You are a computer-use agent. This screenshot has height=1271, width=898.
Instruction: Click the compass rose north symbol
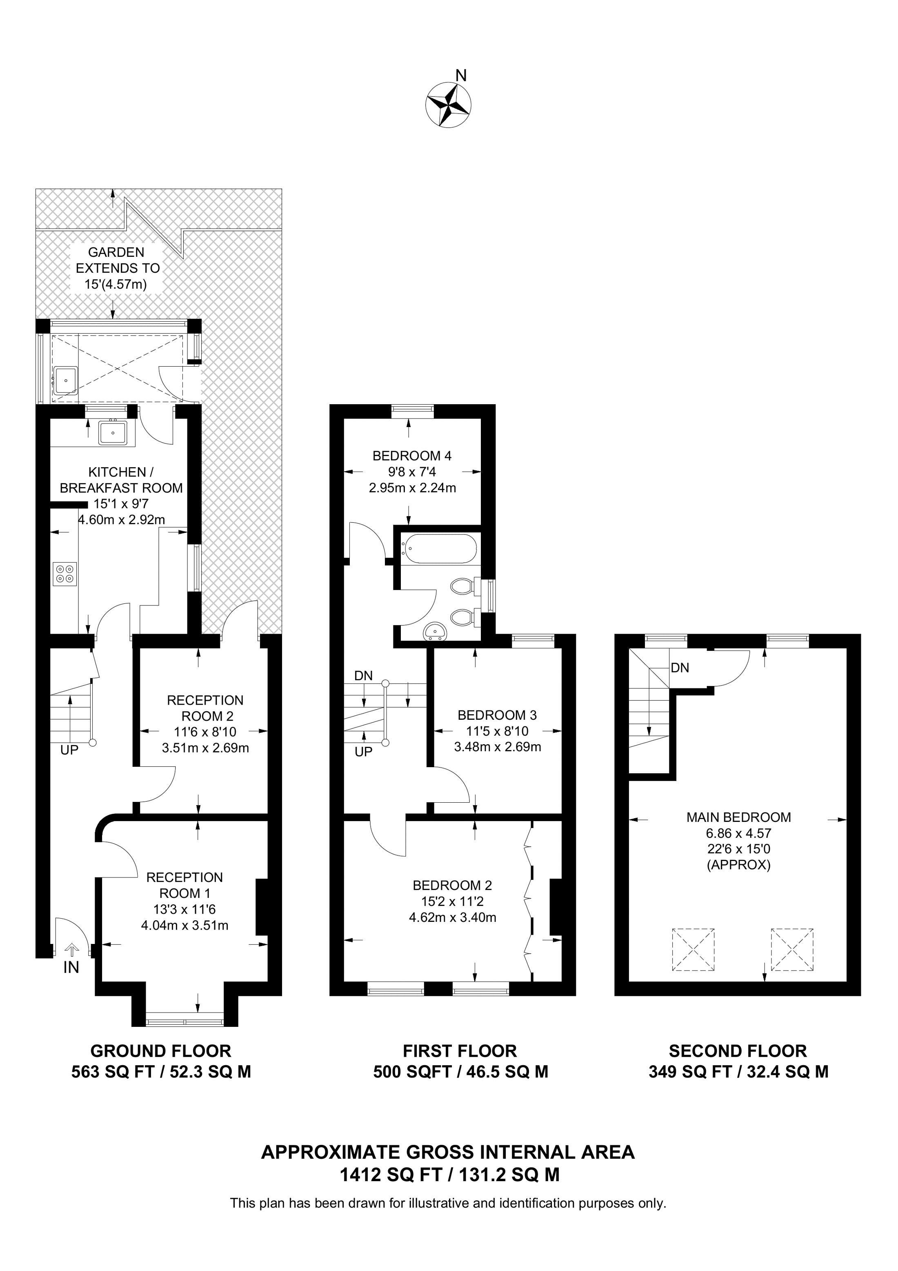(449, 104)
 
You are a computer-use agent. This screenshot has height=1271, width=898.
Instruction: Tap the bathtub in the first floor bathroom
(439, 549)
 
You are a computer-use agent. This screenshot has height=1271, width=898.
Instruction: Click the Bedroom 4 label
(412, 456)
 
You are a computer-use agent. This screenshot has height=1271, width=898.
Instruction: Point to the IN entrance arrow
(72, 950)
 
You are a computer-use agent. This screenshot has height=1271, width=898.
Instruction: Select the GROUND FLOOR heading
(160, 1051)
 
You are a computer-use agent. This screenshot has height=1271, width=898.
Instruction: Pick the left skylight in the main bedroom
(693, 949)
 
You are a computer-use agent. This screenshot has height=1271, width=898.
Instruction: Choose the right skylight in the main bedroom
(792, 949)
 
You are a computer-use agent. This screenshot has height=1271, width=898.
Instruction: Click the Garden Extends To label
(117, 268)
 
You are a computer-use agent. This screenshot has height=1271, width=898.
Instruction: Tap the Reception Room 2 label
(205, 708)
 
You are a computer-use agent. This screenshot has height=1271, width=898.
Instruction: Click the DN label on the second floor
(680, 668)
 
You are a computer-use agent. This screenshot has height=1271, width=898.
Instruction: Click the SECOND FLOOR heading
(738, 1051)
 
